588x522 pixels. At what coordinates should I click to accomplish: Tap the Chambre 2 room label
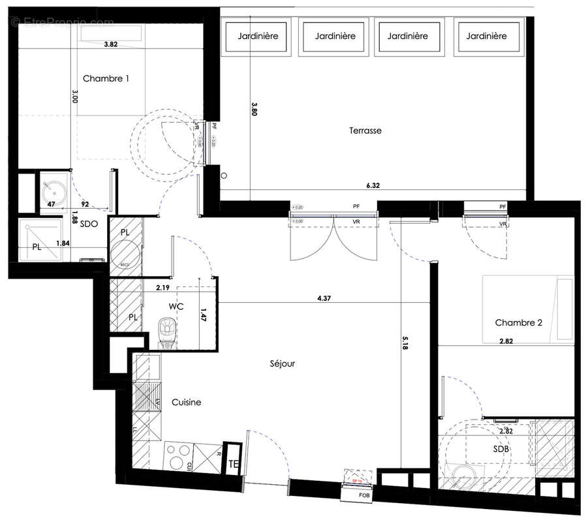point(519,322)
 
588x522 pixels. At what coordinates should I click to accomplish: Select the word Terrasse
point(365,130)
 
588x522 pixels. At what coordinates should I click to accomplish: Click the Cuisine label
point(186,403)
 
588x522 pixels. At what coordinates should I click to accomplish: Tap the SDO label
point(89,223)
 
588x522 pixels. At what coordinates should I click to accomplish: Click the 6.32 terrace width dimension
point(373,185)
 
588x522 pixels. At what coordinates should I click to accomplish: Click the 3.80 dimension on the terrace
point(255,108)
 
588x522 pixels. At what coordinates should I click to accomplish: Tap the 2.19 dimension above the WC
point(162,286)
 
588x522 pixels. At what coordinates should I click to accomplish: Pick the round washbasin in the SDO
point(50,191)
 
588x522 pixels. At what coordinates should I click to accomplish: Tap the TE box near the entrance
point(232,464)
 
